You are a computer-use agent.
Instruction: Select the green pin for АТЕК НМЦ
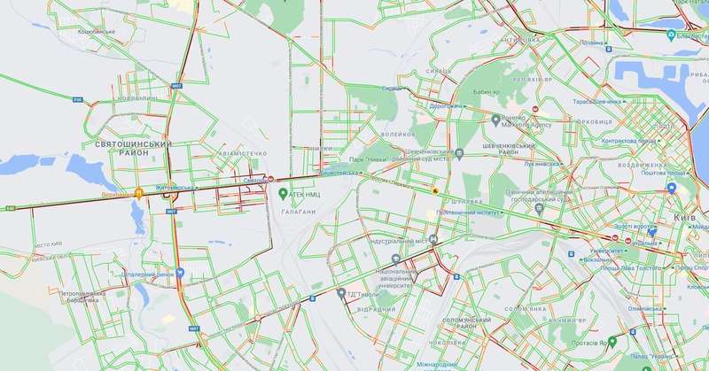click(x=283, y=193)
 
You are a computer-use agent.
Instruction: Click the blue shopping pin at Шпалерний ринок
click(x=180, y=274)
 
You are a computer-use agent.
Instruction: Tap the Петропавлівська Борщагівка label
click(x=91, y=297)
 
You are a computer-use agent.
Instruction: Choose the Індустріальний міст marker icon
click(x=432, y=240)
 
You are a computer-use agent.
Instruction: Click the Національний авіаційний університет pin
click(x=396, y=259)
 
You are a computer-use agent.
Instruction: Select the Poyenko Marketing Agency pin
click(x=495, y=119)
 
